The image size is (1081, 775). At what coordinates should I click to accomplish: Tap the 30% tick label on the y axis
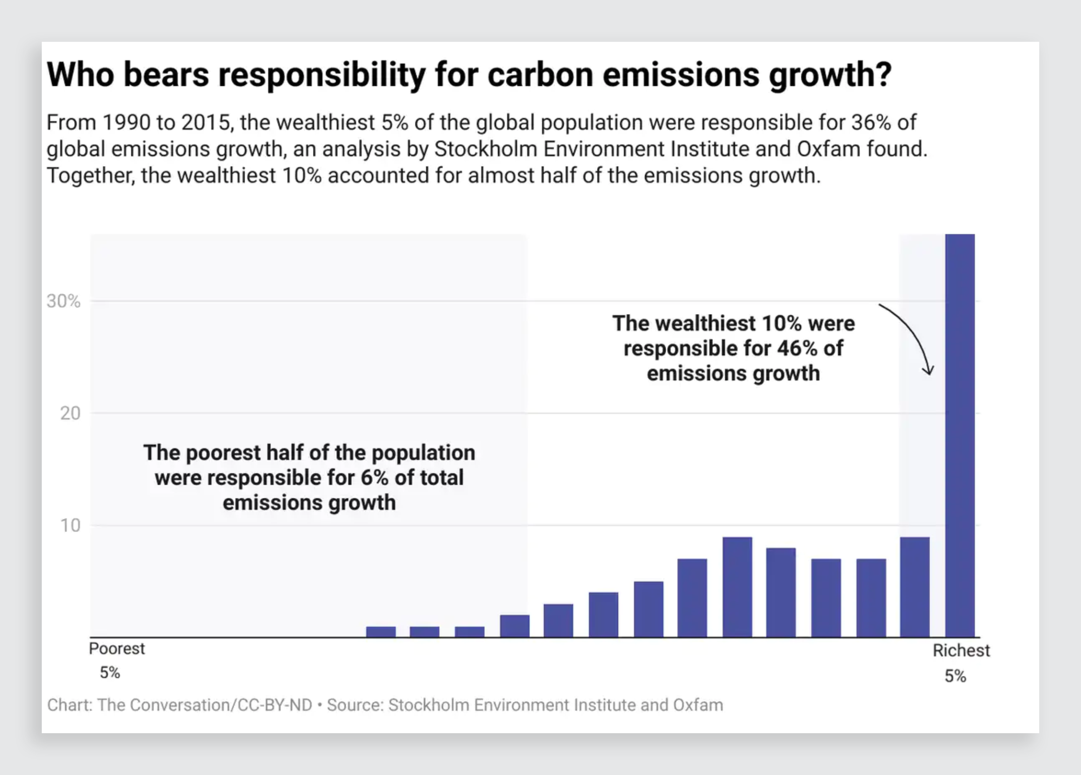(63, 301)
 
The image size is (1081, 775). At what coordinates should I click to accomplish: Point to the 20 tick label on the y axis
(70, 413)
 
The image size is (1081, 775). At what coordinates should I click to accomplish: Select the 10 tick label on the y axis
(70, 525)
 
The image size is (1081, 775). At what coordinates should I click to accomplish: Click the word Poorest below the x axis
(117, 649)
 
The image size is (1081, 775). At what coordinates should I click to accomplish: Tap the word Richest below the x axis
(961, 650)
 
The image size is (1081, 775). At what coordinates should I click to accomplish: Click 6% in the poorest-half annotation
(374, 478)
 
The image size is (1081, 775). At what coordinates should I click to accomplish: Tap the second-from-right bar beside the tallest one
(915, 587)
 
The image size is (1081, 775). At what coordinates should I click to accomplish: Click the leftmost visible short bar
(381, 632)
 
